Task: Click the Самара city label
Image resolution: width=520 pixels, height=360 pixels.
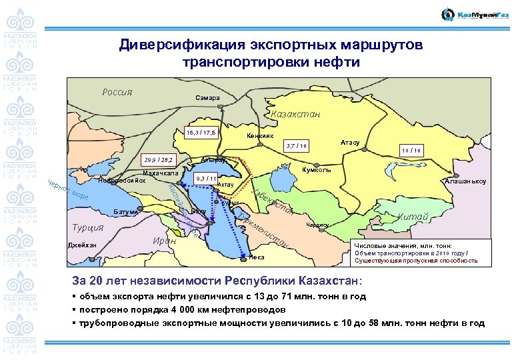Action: pyautogui.click(x=207, y=98)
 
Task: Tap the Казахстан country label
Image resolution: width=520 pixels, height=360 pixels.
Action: pyautogui.click(x=295, y=114)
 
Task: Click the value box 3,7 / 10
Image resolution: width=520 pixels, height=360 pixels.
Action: pyautogui.click(x=295, y=145)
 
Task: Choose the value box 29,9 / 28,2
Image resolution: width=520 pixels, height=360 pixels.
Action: pyautogui.click(x=158, y=161)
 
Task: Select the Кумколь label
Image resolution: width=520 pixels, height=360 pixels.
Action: pyautogui.click(x=316, y=170)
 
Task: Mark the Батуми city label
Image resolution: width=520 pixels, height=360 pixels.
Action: pyautogui.click(x=126, y=211)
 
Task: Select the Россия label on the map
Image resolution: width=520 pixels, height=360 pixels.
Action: pyautogui.click(x=117, y=91)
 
